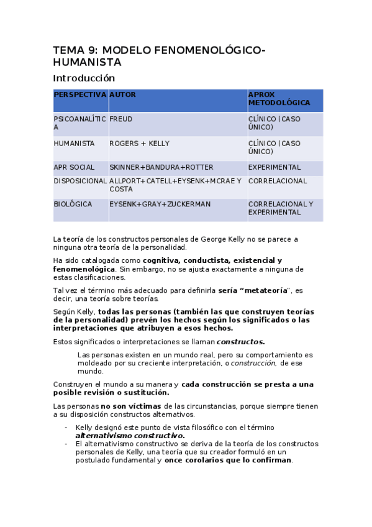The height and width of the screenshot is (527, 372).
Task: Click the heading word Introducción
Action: [84, 78]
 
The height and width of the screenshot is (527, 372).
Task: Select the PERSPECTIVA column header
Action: [79, 94]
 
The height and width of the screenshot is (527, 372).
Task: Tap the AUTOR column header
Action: [122, 94]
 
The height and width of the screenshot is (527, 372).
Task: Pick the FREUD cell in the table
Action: [120, 119]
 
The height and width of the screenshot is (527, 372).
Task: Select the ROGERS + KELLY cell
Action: [139, 144]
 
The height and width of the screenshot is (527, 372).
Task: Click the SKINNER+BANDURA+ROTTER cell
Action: [153, 167]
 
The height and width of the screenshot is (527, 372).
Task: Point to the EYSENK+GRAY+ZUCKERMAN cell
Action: [160, 204]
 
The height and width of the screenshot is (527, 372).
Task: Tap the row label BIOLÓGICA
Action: [73, 204]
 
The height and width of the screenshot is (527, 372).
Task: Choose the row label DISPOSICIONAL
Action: [80, 181]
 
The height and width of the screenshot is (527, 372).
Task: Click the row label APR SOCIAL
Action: [74, 167]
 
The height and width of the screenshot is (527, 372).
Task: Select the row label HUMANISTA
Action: [74, 144]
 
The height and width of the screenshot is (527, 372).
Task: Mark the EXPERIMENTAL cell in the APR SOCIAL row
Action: [274, 167]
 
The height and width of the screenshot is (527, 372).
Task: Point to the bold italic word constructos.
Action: [240, 341]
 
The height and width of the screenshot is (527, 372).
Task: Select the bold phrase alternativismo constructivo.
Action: [130, 436]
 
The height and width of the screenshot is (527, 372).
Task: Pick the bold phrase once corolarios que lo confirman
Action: [228, 460]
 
